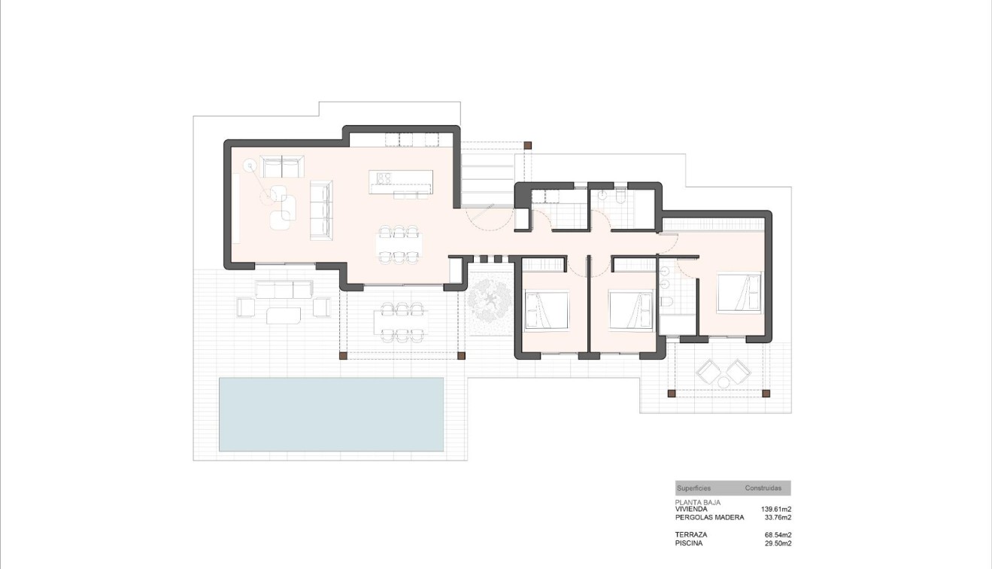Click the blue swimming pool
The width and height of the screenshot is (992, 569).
click(331, 414)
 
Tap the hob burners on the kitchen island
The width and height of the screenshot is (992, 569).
click(384, 178)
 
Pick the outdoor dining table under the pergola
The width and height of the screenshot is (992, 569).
click(400, 321)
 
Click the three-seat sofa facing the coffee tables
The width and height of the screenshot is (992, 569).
click(321, 211)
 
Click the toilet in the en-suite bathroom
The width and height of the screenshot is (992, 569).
click(667, 302)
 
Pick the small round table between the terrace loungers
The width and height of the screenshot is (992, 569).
click(724, 382)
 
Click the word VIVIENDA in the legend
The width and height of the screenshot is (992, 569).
click(691, 509)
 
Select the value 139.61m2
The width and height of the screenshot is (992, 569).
click(776, 509)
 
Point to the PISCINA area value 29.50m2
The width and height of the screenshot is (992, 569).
click(778, 543)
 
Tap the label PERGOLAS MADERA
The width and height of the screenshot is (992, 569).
click(709, 517)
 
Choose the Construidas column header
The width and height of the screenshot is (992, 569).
click(763, 488)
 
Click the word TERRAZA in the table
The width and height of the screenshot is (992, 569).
click(690, 534)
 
